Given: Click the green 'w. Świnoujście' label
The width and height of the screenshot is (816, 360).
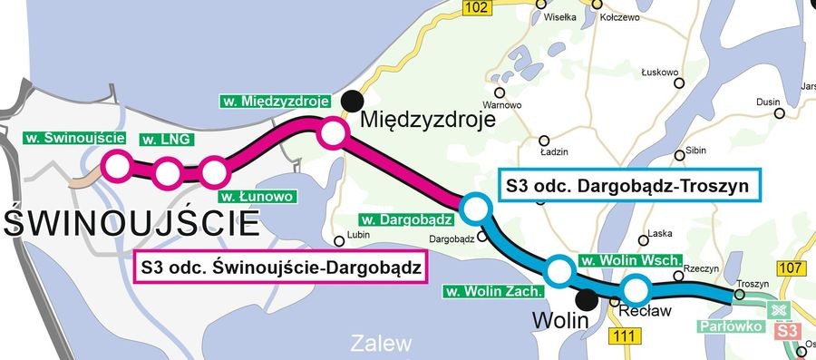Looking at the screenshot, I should pyautogui.click(x=73, y=138).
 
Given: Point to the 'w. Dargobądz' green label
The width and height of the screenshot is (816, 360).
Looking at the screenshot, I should pyautogui.click(x=407, y=219).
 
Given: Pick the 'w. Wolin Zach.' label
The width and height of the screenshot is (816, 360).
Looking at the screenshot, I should pyautogui.click(x=493, y=292).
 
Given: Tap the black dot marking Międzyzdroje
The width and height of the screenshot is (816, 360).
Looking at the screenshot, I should pyautogui.click(x=351, y=102).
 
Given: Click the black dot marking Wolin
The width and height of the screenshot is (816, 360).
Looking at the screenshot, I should pyautogui.click(x=588, y=298).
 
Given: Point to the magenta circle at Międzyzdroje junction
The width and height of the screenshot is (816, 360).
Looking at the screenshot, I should pyautogui.click(x=332, y=135).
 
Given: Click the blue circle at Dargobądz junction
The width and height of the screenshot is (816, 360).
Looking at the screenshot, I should pyautogui.click(x=474, y=209).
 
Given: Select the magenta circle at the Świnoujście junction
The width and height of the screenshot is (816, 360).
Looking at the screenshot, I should pyautogui.click(x=116, y=166).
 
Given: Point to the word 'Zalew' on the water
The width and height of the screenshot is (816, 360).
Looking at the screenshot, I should pyautogui.click(x=381, y=344).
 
